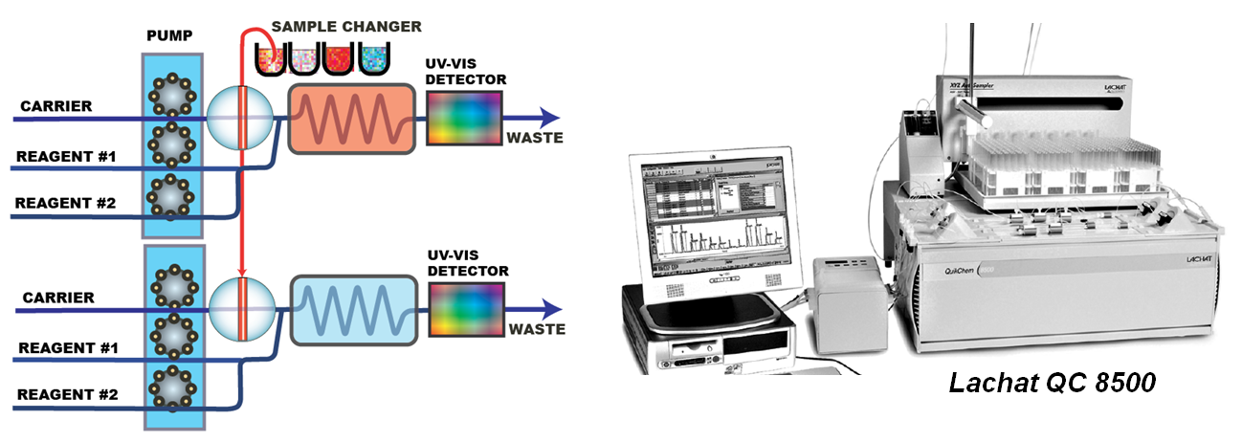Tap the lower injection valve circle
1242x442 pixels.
(241, 309)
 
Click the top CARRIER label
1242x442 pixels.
(56, 105)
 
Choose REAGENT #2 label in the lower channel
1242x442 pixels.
(67, 393)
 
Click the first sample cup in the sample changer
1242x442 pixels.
(272, 58)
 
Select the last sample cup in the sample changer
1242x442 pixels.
(373, 58)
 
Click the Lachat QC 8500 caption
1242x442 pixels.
(1053, 384)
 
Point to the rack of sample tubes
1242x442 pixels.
(1062, 163)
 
